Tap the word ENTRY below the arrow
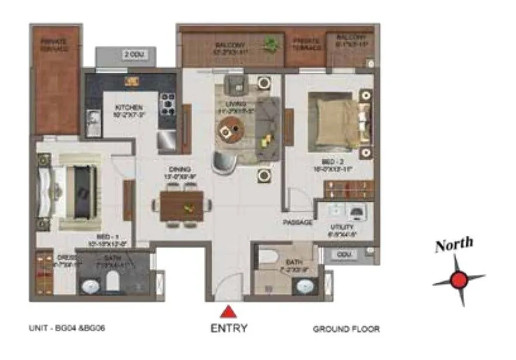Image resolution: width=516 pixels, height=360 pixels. click(x=229, y=328)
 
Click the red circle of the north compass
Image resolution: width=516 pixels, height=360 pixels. click(x=459, y=280)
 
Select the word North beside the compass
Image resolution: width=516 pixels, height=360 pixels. click(x=453, y=245)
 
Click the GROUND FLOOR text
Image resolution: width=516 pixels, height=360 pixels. click(x=346, y=329)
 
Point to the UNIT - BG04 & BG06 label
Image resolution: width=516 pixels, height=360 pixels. click(x=67, y=328)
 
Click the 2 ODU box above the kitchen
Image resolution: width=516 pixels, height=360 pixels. click(x=133, y=55)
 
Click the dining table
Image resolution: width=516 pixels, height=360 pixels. click(x=182, y=205)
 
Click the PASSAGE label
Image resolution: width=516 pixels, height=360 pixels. click(x=298, y=223)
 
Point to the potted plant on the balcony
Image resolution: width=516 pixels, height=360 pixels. click(x=270, y=44)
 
